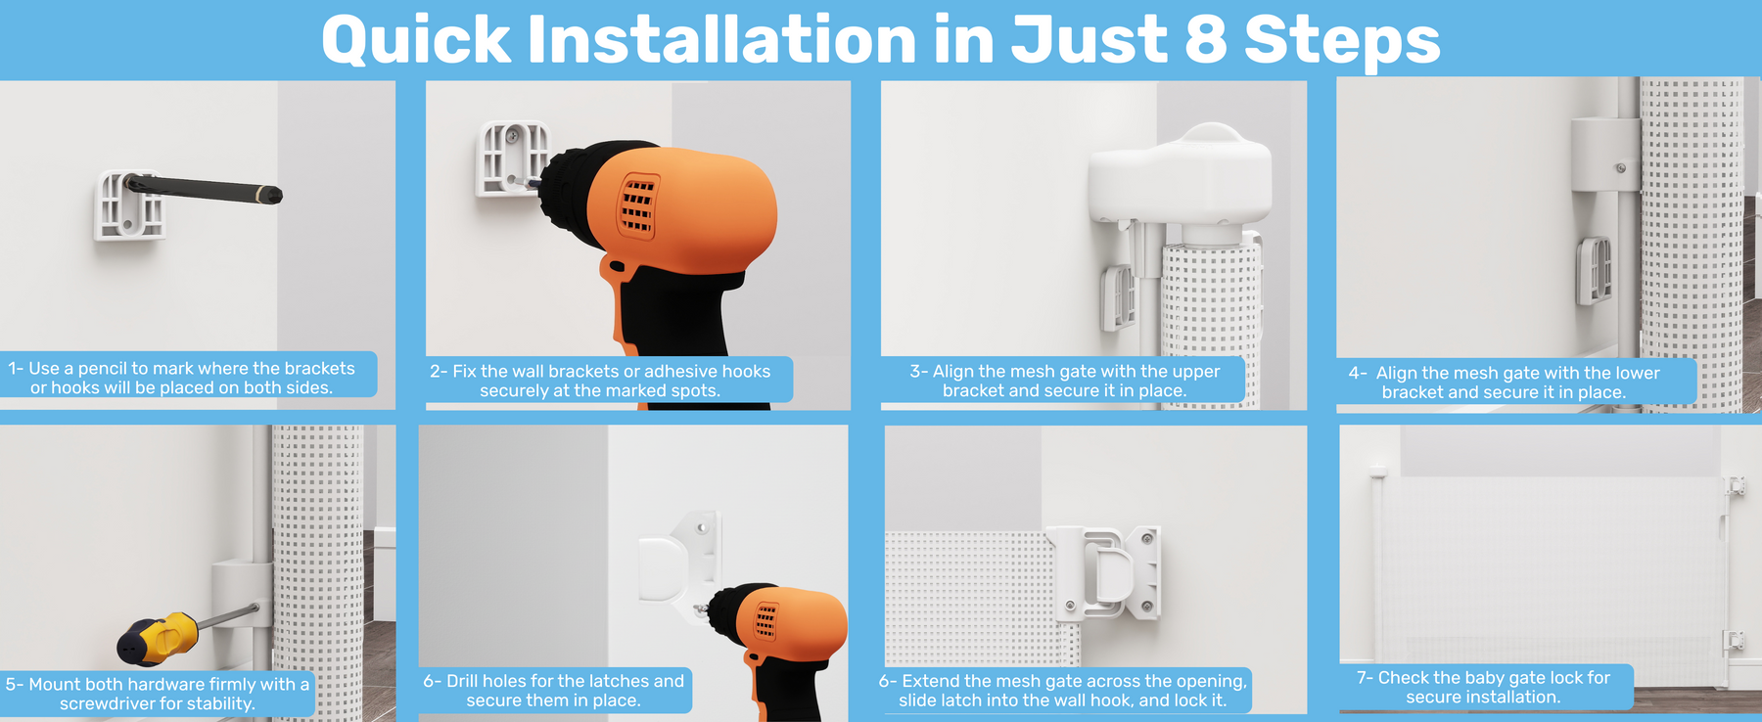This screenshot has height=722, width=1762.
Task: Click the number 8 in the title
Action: click(1206, 40)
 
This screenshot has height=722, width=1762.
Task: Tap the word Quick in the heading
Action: click(416, 41)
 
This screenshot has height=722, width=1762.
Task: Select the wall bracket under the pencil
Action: click(129, 205)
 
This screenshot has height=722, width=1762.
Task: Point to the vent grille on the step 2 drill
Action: click(638, 206)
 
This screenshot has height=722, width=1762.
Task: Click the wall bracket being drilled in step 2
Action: click(512, 158)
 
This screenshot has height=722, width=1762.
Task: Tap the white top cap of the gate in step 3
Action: click(1180, 182)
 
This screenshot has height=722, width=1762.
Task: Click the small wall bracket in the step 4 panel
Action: click(1594, 270)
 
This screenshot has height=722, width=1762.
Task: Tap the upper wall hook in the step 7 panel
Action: click(1735, 486)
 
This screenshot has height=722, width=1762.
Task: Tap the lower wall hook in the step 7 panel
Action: click(1734, 641)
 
